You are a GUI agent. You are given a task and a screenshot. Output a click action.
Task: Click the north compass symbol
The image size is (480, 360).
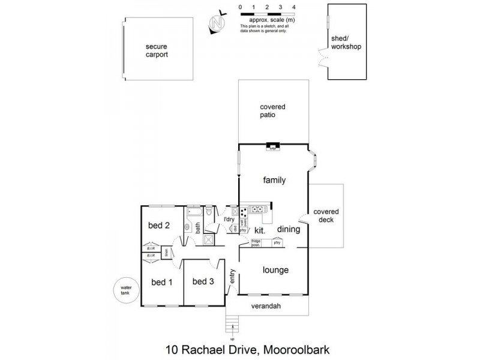coord(217,23)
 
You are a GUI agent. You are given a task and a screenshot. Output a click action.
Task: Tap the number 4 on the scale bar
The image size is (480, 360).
coord(293,7)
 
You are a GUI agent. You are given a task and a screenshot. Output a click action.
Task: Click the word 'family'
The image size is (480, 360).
coord(274,180)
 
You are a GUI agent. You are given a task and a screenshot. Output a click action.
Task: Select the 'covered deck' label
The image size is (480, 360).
coord(326,215)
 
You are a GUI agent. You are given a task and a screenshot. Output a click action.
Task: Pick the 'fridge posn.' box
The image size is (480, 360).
coord(256,243)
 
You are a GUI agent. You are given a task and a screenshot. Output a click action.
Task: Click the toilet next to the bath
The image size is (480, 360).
coord(209,211)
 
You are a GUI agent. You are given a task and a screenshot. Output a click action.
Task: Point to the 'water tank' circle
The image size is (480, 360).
coord(126,292)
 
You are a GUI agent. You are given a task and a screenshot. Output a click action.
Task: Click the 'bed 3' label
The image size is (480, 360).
coord(203,281)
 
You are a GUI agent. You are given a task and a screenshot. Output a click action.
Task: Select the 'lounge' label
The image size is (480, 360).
coord(275,270)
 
